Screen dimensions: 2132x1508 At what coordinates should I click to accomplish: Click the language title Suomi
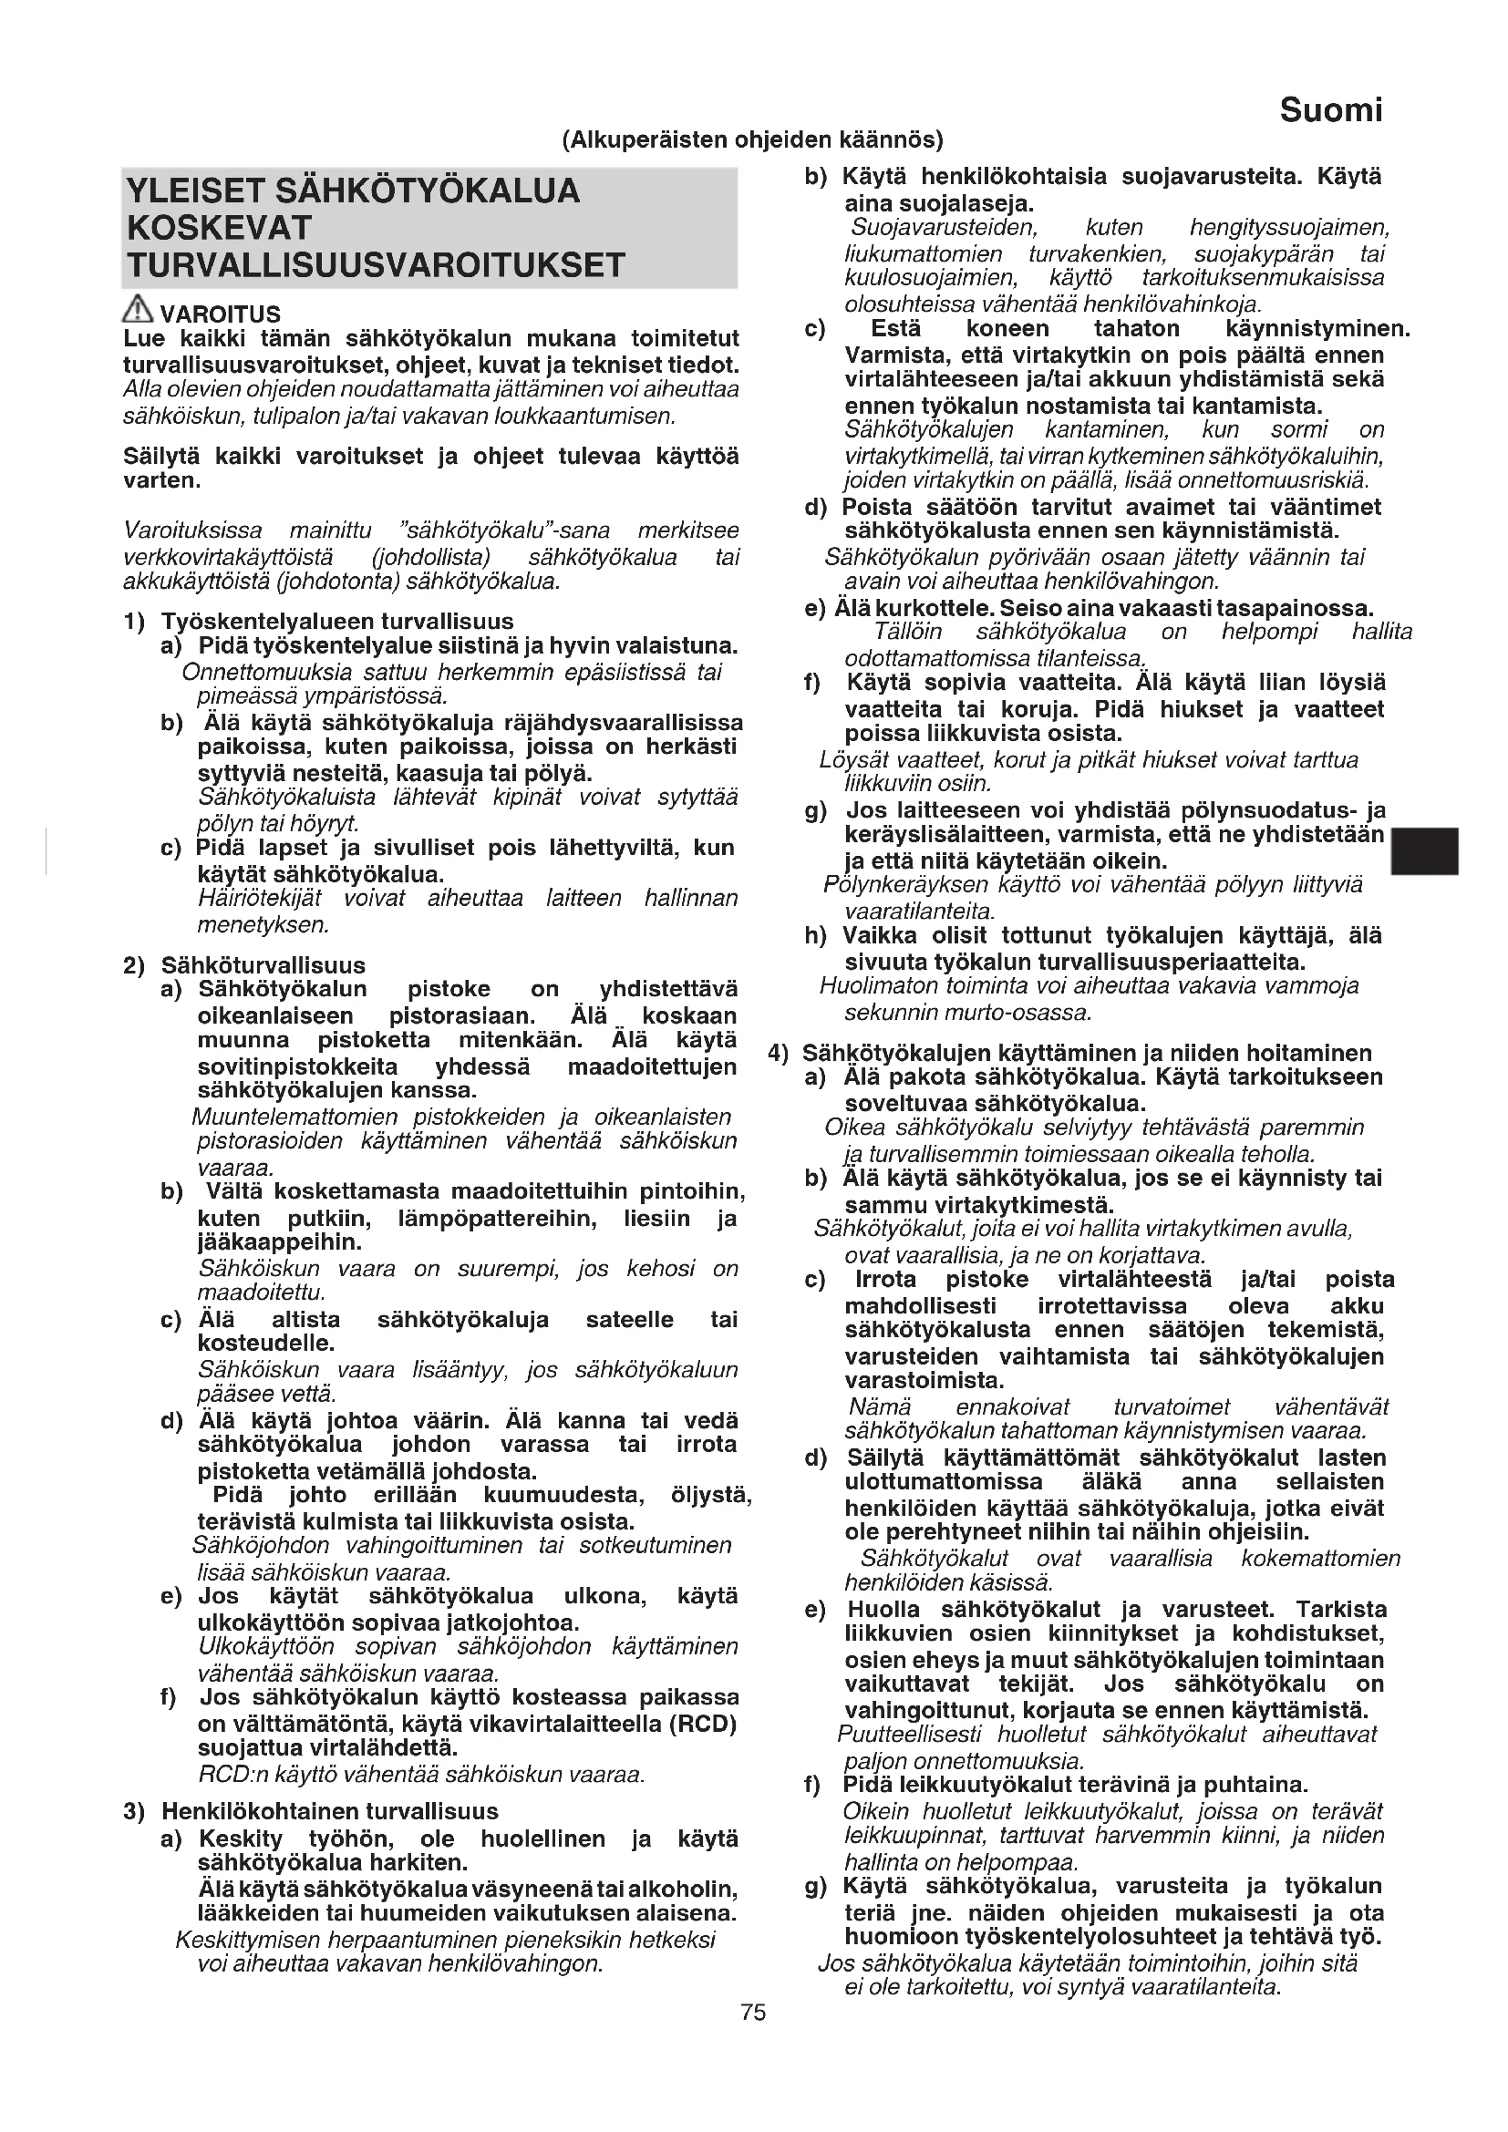pyautogui.click(x=1329, y=110)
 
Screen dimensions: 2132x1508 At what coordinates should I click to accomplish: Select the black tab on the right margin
pyautogui.click(x=1423, y=850)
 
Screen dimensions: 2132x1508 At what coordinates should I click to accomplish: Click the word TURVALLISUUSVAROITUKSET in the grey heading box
pyautogui.click(x=375, y=265)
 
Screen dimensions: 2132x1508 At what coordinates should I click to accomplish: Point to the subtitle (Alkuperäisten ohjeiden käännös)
pyautogui.click(x=752, y=140)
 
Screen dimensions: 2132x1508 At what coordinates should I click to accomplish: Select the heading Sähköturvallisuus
pyautogui.click(x=263, y=964)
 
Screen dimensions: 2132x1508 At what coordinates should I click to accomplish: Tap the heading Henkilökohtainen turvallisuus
pyautogui.click(x=330, y=1811)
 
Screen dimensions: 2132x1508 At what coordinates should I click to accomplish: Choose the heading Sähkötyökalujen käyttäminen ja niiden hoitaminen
pyautogui.click(x=1087, y=1053)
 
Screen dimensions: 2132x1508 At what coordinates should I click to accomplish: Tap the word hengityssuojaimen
pyautogui.click(x=1289, y=228)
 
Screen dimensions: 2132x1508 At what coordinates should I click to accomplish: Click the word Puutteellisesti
pyautogui.click(x=909, y=1734)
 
